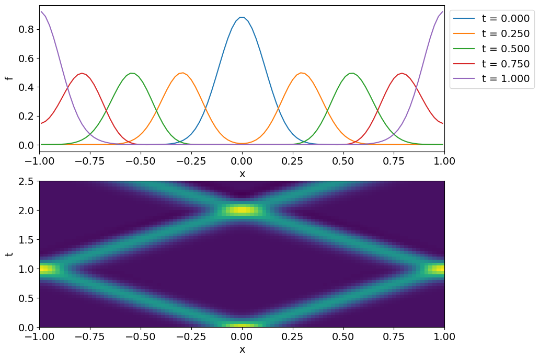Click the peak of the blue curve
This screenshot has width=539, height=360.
pos(242,17)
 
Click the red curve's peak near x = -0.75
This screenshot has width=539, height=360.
pos(82,73)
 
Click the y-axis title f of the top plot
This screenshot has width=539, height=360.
pos(8,78)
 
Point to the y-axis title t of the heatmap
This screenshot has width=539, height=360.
pos(8,254)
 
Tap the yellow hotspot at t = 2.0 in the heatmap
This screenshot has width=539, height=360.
pos(242,210)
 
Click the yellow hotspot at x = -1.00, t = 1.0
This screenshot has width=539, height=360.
pos(46,269)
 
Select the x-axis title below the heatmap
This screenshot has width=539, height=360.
pos(242,350)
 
